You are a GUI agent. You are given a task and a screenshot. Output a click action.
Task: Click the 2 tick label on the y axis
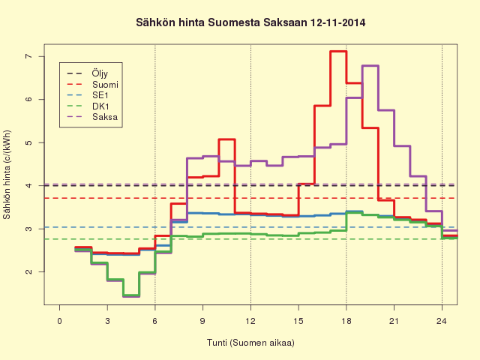pyautogui.click(x=28, y=271)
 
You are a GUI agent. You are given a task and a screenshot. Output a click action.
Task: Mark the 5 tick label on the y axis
pyautogui.click(x=28, y=142)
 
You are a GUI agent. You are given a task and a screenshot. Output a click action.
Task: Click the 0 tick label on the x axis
pyautogui.click(x=60, y=321)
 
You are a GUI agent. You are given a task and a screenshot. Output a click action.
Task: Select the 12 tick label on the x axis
pyautogui.click(x=250, y=321)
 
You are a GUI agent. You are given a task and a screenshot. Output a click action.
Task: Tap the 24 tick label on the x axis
pyautogui.click(x=442, y=321)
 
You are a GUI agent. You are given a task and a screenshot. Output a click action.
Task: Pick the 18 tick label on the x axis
pyautogui.click(x=346, y=321)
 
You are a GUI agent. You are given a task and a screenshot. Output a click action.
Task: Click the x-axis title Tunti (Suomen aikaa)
pyautogui.click(x=250, y=342)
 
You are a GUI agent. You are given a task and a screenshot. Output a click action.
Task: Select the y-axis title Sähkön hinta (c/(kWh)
pyautogui.click(x=7, y=175)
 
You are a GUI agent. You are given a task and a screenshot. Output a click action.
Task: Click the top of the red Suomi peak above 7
pyautogui.click(x=338, y=52)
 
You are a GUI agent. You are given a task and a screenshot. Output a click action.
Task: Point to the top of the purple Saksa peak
pyautogui.click(x=370, y=66)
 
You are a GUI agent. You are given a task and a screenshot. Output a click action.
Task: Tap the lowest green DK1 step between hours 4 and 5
pyautogui.click(x=131, y=296)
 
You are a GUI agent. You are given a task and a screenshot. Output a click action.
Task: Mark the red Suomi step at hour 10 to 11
pyautogui.click(x=226, y=139)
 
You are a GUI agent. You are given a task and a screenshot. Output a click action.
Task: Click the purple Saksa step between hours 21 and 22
pyautogui.click(x=402, y=146)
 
